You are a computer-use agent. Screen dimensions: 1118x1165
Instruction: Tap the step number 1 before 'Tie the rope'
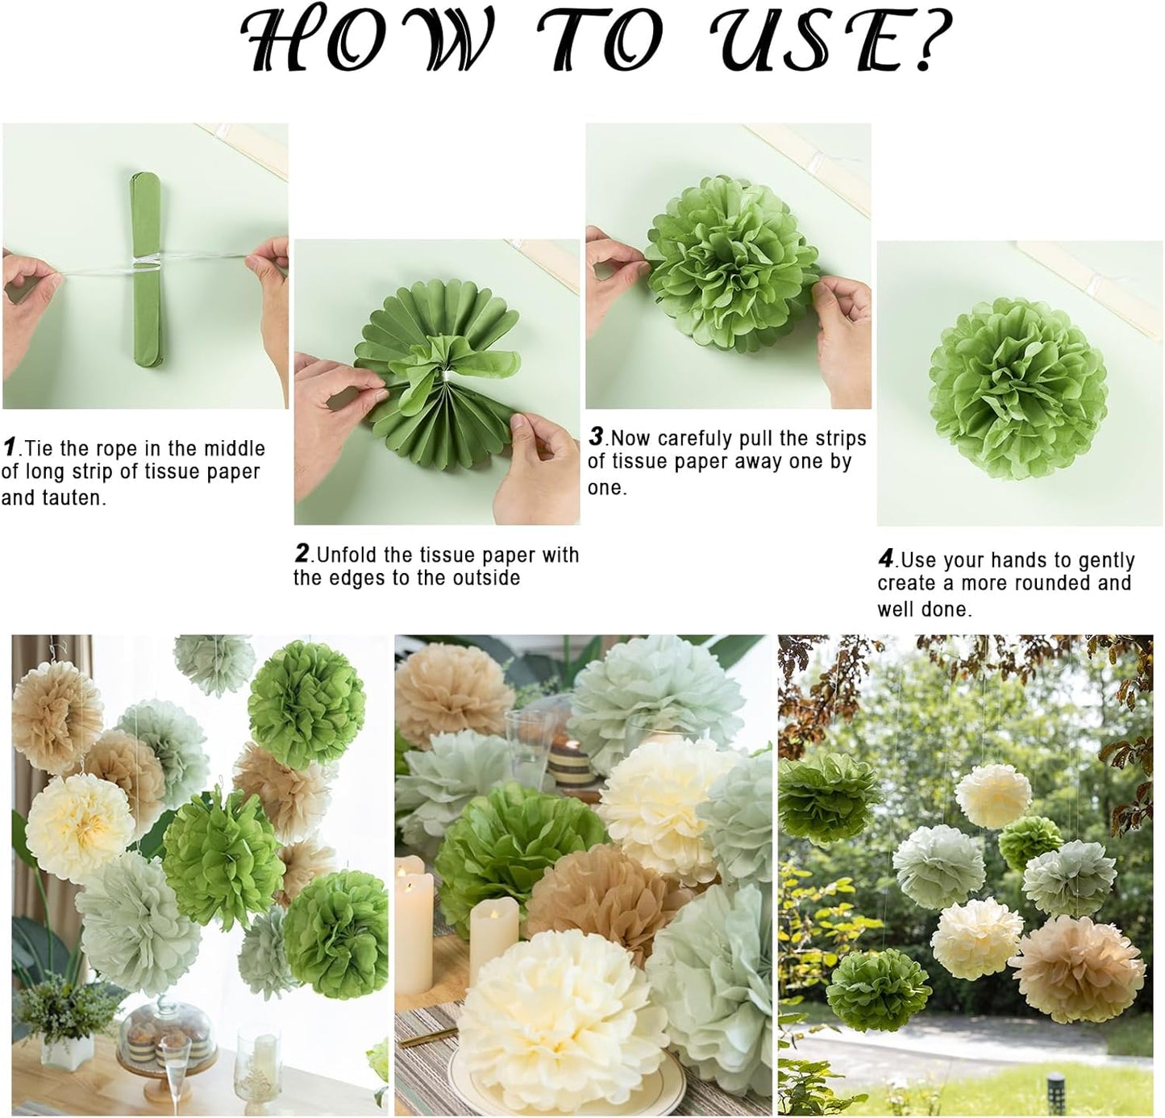(x=10, y=447)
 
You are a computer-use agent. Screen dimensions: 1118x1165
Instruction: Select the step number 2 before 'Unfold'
(x=302, y=554)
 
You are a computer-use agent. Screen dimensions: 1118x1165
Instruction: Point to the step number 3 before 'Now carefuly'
(x=596, y=436)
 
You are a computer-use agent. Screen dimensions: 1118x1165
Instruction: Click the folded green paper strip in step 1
(x=145, y=266)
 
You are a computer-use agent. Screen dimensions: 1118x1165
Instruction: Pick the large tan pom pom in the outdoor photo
(x=1078, y=967)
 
